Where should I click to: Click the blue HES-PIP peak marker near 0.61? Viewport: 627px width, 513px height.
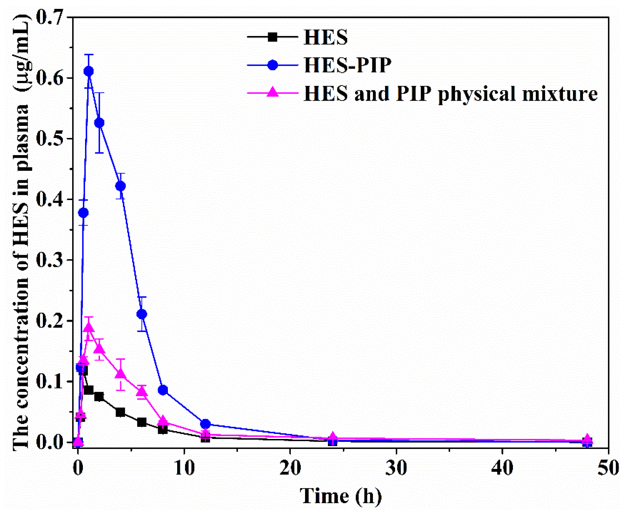(89, 71)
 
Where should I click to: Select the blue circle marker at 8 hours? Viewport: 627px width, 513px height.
(163, 390)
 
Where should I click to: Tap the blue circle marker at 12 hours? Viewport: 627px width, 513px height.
(206, 424)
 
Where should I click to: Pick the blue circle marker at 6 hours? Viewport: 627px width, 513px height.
(141, 314)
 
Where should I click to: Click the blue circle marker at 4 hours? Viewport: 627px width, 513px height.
(120, 186)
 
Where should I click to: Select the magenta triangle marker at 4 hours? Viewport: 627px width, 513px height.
(120, 373)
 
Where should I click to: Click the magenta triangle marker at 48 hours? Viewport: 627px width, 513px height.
(588, 439)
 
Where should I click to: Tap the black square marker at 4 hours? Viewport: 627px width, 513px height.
(120, 412)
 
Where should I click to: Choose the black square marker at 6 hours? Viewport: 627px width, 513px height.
(141, 422)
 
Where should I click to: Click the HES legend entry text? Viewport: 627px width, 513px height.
(326, 37)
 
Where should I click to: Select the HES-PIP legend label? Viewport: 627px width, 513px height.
(348, 65)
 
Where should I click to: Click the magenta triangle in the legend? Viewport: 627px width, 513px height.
(272, 92)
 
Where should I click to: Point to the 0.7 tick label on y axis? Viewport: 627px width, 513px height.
(50, 18)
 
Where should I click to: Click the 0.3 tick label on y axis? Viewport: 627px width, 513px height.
(50, 260)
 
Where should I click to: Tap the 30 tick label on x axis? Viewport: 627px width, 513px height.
(396, 468)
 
